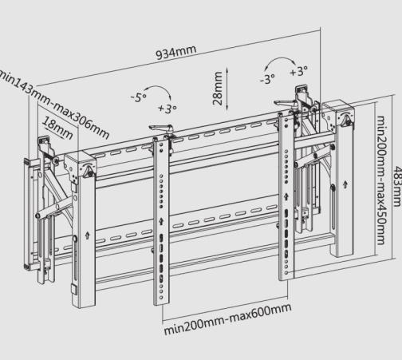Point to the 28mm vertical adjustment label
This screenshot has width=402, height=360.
pyautogui.click(x=218, y=86)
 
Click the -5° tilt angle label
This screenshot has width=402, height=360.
pyautogui.click(x=138, y=97)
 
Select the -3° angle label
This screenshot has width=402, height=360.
pyautogui.click(x=267, y=79)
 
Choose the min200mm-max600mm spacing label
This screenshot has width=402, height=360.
pyautogui.click(x=227, y=318)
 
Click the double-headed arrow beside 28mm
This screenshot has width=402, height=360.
pyautogui.click(x=229, y=86)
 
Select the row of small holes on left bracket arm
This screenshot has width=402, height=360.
pyautogui.click(x=163, y=192)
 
